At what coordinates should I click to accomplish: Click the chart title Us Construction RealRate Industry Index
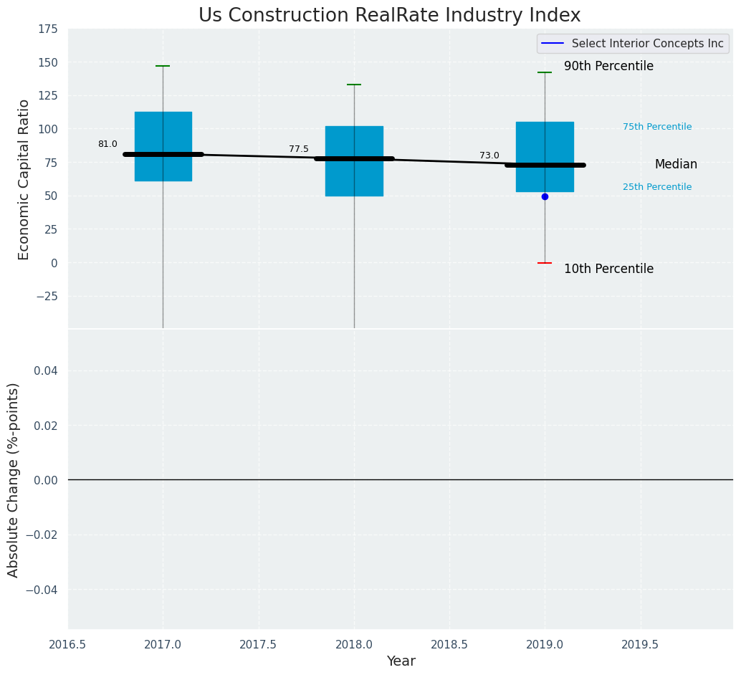[x=389, y=16]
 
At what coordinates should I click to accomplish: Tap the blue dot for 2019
[x=545, y=196]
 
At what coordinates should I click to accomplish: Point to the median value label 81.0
[x=107, y=144]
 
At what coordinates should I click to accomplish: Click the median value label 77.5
[x=299, y=149]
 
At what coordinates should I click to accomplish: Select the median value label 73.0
[x=489, y=155]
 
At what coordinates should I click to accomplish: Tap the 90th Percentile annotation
[x=608, y=66]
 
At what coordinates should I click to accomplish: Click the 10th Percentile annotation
[x=608, y=269]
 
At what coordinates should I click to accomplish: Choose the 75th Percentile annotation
[x=656, y=127]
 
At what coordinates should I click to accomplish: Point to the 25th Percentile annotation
[x=656, y=187]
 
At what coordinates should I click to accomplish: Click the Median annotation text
[x=676, y=164]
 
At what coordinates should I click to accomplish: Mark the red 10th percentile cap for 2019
[x=545, y=263]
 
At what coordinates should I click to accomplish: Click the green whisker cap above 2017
[x=163, y=66]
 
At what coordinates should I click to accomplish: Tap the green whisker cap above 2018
[x=354, y=85]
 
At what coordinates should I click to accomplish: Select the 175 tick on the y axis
[x=48, y=29]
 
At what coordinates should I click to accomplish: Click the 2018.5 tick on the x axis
[x=449, y=644]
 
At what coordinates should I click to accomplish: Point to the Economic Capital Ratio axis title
[x=24, y=179]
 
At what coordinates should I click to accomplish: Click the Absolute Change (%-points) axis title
[x=14, y=479]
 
